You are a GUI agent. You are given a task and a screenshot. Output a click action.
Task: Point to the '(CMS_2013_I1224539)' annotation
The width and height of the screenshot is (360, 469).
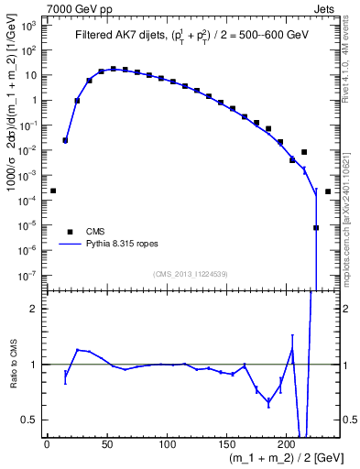point(191,273)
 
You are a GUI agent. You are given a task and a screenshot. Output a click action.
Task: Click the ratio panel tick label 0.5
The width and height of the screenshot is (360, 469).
point(30,420)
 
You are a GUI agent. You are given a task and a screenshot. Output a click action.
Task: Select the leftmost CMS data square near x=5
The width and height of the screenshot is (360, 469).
point(53,191)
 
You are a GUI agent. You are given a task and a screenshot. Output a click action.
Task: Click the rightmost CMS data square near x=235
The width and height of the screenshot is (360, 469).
point(328,191)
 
